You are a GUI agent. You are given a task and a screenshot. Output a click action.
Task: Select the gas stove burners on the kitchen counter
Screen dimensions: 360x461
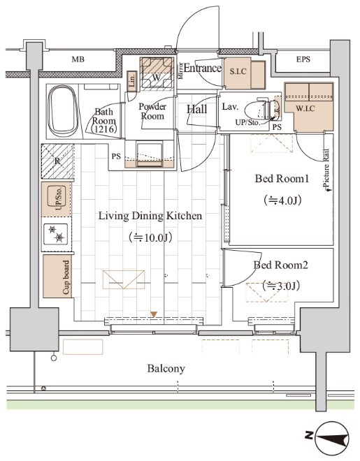56,234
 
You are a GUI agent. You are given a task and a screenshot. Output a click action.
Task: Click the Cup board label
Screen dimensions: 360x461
67,277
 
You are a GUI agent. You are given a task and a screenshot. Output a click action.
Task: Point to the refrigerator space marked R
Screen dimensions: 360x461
57,161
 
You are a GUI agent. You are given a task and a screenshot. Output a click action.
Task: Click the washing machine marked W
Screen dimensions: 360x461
157,73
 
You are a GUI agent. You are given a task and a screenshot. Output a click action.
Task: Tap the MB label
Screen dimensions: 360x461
78,59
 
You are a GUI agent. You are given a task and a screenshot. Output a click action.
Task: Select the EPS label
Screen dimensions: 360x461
303,59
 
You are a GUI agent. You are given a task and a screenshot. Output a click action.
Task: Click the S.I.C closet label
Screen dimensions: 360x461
238,71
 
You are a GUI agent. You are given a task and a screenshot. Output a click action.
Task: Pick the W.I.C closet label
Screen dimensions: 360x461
305,109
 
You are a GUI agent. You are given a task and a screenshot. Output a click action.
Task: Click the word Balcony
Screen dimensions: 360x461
166,369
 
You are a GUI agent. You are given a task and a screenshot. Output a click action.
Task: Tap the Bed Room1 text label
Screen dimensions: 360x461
282,178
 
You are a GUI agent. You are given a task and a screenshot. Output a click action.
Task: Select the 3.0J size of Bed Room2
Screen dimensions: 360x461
281,286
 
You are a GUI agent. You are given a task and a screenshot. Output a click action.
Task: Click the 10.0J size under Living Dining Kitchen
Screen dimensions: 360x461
150,237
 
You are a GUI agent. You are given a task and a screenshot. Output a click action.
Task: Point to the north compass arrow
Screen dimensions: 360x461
332,437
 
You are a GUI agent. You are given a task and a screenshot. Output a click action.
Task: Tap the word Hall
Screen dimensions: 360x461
196,110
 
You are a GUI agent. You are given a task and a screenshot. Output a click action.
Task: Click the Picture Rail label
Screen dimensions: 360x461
326,169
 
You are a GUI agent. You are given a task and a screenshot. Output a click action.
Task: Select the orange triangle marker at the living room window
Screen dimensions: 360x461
154,314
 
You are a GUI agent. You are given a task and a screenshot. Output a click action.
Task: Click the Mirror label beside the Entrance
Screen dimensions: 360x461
180,71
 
